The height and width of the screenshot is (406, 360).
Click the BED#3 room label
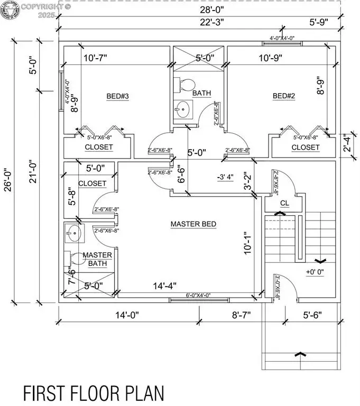(x=118, y=96)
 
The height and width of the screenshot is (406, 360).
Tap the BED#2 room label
(x=284, y=96)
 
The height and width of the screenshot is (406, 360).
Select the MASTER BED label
(x=193, y=224)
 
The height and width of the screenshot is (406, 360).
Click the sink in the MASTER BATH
(x=73, y=232)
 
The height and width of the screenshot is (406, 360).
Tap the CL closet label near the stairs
(x=284, y=202)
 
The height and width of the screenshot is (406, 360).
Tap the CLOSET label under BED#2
(x=306, y=147)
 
